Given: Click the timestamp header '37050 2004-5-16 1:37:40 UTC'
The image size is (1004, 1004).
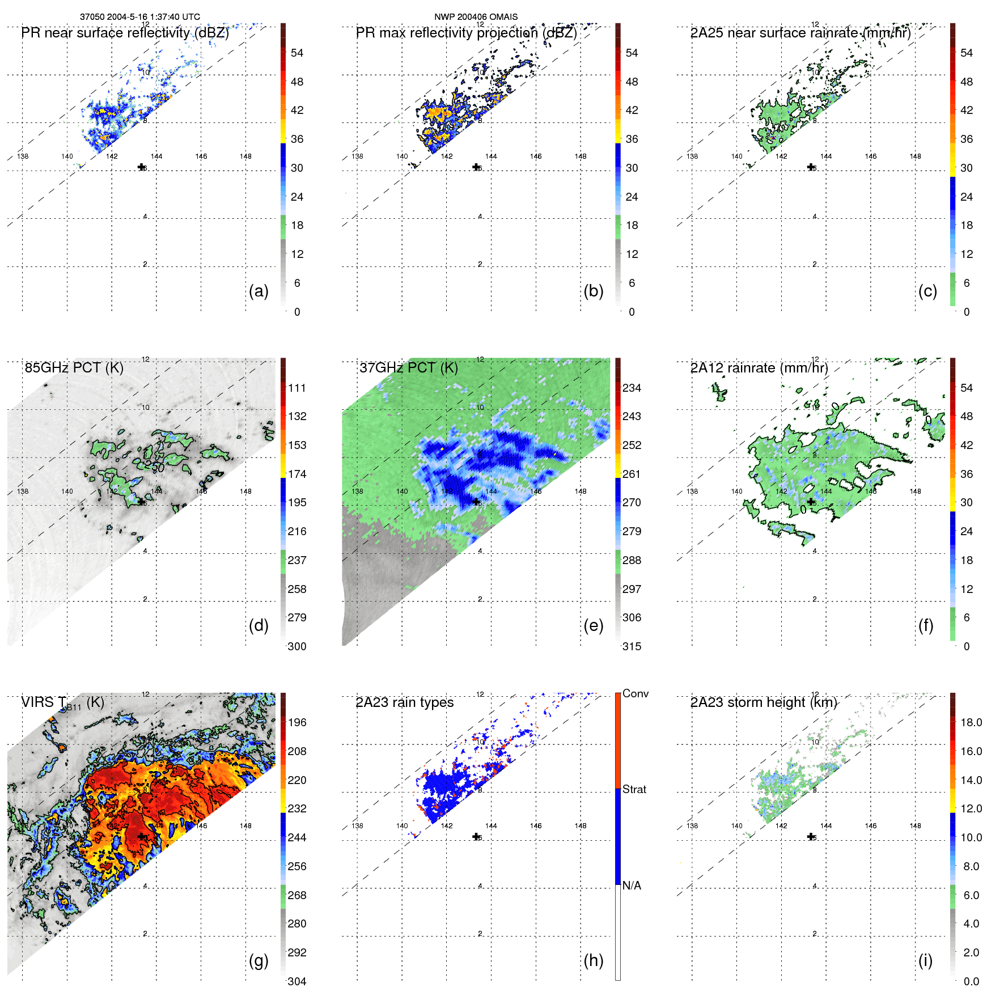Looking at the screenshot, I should (x=139, y=17).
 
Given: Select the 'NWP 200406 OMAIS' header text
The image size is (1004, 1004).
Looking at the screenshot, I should (x=476, y=17).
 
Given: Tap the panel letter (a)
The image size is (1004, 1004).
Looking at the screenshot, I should (x=259, y=291).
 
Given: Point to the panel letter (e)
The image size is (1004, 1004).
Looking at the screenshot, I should (x=593, y=625).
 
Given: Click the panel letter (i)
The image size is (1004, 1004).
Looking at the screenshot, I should (x=925, y=960).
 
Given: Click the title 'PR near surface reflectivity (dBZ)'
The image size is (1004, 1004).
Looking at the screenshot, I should (x=125, y=33).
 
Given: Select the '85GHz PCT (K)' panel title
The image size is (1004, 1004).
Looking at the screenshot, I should (x=74, y=368).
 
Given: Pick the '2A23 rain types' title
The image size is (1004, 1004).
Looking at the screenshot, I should (x=405, y=702).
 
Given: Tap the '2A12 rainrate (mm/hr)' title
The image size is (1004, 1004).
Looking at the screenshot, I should (x=759, y=368).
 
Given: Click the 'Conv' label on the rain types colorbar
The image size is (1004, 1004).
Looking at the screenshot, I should (x=636, y=693).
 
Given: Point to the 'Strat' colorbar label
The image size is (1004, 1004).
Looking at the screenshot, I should (x=634, y=789).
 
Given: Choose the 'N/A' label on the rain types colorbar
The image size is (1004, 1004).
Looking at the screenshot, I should (x=632, y=886).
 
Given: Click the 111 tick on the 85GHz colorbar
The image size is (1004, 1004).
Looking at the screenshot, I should (x=297, y=388).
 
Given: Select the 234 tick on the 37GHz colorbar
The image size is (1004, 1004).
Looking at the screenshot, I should (x=632, y=388).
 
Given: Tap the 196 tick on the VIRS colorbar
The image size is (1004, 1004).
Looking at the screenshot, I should (x=297, y=722).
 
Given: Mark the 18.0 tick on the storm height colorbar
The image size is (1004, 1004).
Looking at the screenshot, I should (x=971, y=722).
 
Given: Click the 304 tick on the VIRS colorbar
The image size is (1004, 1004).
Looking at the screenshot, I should (x=297, y=981).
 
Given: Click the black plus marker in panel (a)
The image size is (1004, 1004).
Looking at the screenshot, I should (x=141, y=167).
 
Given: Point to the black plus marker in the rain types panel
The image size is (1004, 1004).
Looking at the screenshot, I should (x=476, y=837).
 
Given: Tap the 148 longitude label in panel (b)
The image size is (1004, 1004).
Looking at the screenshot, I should (x=581, y=156).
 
